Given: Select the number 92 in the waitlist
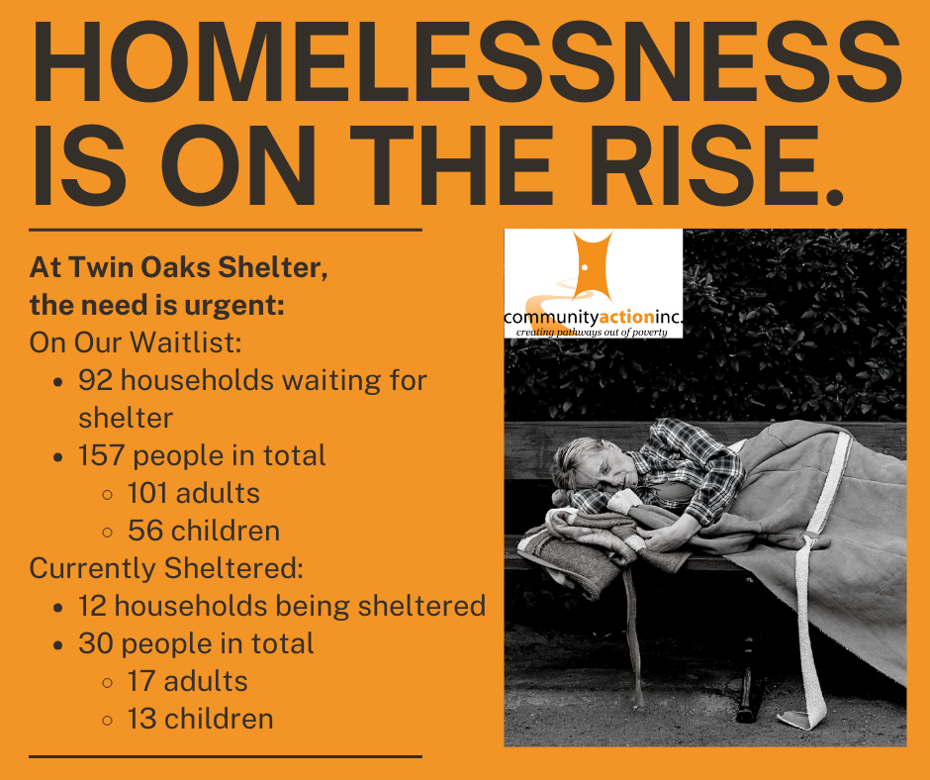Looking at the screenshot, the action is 96,380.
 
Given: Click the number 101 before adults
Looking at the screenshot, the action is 148,493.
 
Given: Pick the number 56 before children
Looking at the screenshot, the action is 145,531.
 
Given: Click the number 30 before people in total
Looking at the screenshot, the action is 96,643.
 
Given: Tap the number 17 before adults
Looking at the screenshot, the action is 141,681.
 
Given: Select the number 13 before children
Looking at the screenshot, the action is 141,719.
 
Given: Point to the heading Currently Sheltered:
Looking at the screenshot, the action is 166,568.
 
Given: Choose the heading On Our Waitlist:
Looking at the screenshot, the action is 136,342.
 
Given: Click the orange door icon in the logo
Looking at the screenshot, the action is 592,266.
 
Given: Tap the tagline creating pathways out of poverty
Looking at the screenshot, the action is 592,332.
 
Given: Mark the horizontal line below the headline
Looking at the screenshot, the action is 226,229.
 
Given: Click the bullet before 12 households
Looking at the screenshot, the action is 57,607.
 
